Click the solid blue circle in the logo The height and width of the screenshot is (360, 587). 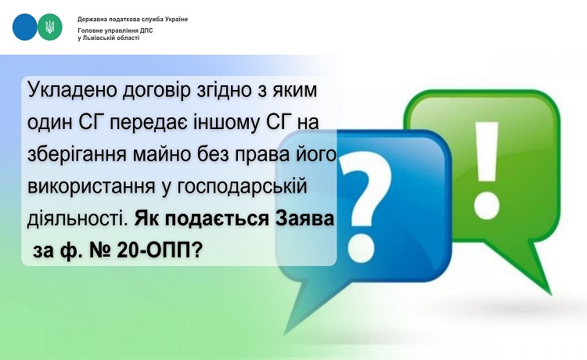click(x=25, y=27)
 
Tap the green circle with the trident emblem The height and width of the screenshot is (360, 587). click(x=50, y=27)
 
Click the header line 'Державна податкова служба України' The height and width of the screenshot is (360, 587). click(x=132, y=19)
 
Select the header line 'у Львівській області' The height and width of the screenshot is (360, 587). click(x=109, y=38)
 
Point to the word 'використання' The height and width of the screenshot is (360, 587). click(x=92, y=187)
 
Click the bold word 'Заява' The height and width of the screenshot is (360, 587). click(x=304, y=219)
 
